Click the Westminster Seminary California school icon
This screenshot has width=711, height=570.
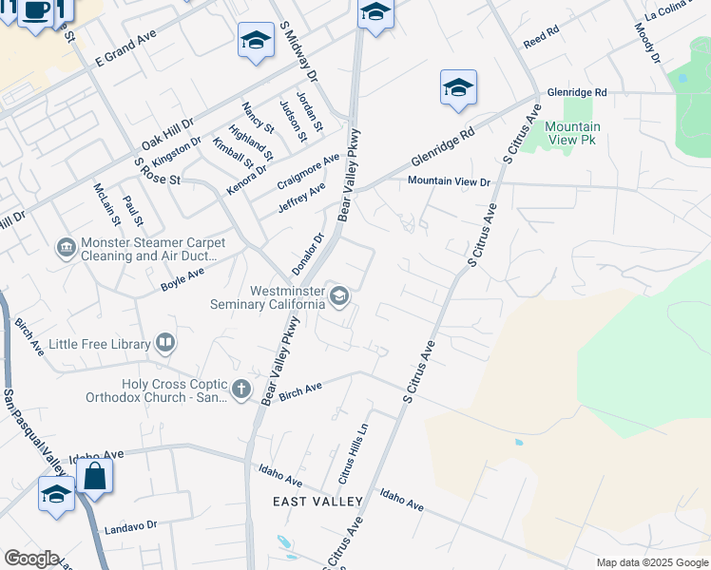[337, 297]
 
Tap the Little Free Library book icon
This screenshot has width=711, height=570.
[165, 343]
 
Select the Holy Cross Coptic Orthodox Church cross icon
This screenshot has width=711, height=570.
[241, 389]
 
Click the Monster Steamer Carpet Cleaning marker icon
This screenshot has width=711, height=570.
[66, 249]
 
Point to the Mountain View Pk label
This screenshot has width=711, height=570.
[572, 133]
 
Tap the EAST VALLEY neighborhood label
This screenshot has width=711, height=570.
[317, 501]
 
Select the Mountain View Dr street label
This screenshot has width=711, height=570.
[449, 180]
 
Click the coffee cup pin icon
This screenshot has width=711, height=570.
[36, 11]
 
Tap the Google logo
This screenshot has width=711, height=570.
[30, 559]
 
